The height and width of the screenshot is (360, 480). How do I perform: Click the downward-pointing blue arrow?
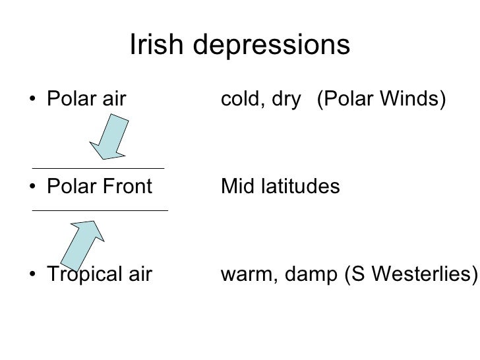click(x=109, y=136)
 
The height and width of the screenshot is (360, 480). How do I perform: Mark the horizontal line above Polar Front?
click(x=98, y=167)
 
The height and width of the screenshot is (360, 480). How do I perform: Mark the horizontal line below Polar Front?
click(x=100, y=210)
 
